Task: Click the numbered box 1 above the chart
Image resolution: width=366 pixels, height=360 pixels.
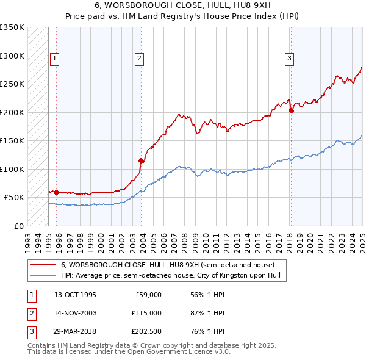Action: click(54, 59)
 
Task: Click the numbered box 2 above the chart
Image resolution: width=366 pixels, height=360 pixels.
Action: click(139, 59)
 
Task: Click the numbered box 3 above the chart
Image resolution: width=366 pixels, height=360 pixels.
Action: click(289, 59)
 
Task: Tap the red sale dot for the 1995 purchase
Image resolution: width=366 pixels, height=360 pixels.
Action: click(56, 192)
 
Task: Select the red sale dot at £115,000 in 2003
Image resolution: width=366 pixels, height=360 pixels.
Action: click(141, 161)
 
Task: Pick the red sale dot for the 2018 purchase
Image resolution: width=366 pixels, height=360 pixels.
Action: click(292, 111)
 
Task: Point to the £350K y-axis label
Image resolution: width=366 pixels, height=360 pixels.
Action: click(12, 27)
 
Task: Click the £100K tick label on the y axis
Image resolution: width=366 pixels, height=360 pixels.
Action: click(12, 169)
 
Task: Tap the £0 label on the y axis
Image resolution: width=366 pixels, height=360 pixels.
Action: click(19, 226)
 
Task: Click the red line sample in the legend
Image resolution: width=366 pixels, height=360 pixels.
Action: click(43, 265)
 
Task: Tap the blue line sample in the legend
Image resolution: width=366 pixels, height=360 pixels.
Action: click(43, 275)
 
